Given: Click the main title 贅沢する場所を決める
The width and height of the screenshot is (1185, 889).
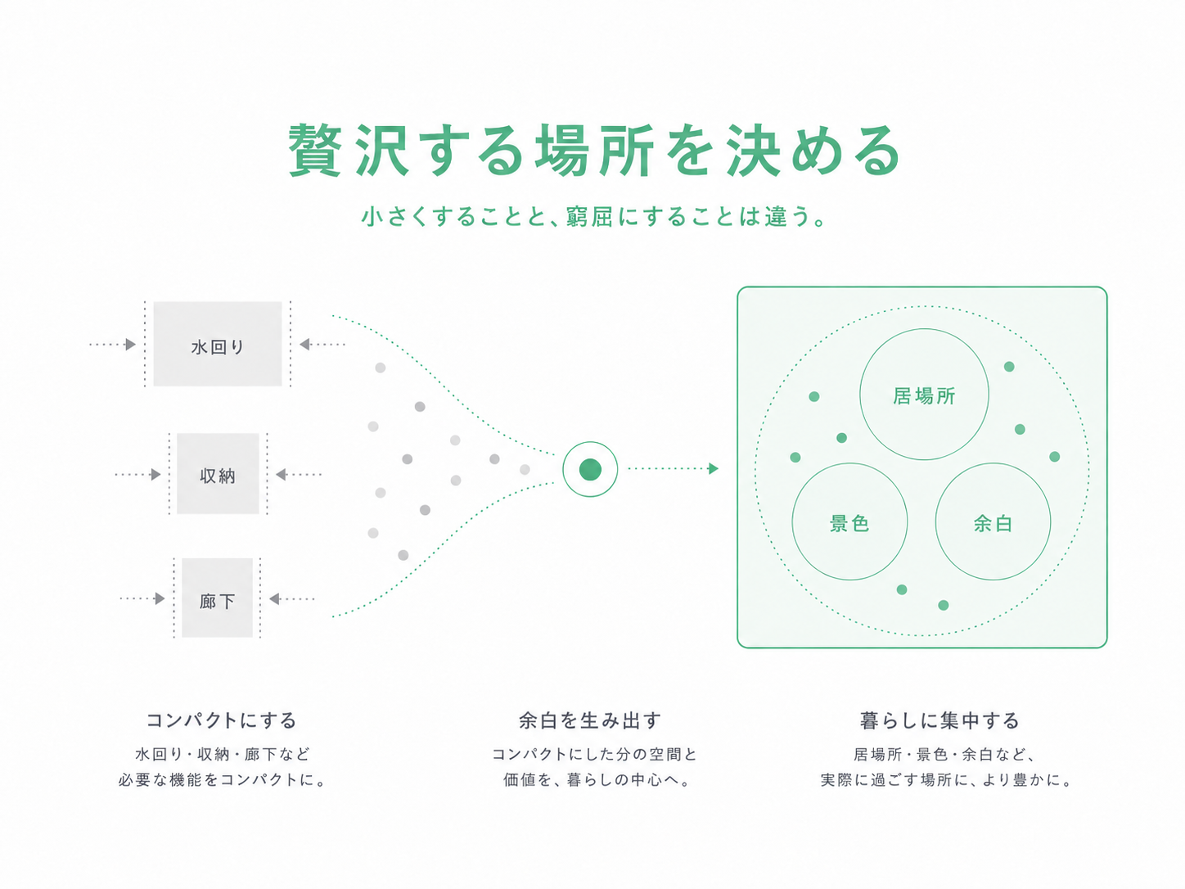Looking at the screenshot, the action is pos(594,151).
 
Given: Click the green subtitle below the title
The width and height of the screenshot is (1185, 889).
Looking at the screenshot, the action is pos(593,216).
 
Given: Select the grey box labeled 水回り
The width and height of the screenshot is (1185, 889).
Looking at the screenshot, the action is pos(218,344).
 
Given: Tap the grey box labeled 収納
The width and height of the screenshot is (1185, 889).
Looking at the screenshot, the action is pos(219,473).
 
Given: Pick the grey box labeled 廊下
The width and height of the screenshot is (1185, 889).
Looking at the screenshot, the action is pos(217,598).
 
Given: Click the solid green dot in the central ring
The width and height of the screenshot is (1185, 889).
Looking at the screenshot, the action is pos(590,469).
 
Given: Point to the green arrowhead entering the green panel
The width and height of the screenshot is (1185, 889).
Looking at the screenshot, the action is pos(713,468).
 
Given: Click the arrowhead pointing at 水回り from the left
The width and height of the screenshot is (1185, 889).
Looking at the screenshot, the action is pos(130,345).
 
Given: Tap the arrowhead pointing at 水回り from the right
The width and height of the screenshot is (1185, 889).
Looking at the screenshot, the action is pos(305,344).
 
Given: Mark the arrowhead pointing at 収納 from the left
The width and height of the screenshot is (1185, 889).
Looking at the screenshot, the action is pos(155,475).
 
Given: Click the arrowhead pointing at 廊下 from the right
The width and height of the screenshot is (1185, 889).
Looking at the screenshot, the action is pos(274,598).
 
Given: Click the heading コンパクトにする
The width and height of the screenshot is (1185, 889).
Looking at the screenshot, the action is pos(222,720).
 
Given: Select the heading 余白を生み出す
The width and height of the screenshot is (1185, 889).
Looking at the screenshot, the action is pos(590,720).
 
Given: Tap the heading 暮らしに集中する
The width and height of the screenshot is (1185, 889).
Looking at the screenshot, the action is pos(940,720).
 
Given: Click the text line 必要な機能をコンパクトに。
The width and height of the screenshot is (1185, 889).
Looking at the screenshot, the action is pos(222,780).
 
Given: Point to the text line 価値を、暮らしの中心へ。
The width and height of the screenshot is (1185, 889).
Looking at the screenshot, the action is pos(597,780).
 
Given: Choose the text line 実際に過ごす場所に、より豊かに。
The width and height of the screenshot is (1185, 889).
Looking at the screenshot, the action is pos(946,780).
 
